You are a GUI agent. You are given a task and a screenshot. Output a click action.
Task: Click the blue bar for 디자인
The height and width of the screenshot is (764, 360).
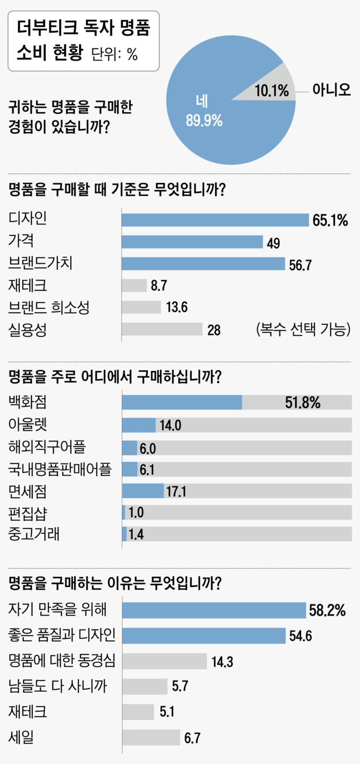pyautogui.click(x=214, y=220)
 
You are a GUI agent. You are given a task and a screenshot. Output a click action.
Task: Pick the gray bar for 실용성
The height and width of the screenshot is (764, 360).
pyautogui.click(x=161, y=329)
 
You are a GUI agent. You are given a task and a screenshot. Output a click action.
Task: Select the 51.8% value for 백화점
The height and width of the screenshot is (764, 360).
pyautogui.click(x=302, y=403)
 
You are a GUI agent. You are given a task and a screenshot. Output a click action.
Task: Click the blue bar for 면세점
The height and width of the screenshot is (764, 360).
pyautogui.click(x=143, y=491)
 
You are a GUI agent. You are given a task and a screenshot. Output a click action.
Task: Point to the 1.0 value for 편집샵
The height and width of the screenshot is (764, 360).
pyautogui.click(x=136, y=513)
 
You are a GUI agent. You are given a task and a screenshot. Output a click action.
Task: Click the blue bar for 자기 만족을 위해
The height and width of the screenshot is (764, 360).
pyautogui.click(x=213, y=610)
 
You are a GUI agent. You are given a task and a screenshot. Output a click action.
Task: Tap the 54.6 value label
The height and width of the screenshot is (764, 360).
pyautogui.click(x=300, y=635)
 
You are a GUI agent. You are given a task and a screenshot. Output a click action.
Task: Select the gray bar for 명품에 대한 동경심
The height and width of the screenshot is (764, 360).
pyautogui.click(x=164, y=661)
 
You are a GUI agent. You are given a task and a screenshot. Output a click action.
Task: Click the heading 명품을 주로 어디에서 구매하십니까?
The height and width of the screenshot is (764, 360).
pyautogui.click(x=115, y=377)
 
